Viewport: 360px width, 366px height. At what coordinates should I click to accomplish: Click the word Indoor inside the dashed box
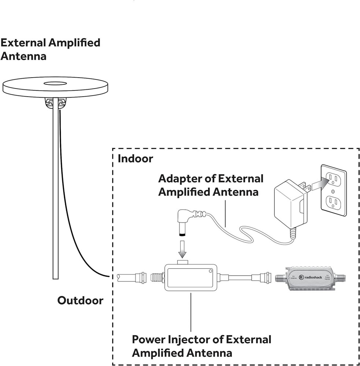tap(135, 159)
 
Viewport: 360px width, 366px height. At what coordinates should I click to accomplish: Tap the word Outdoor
tap(80, 300)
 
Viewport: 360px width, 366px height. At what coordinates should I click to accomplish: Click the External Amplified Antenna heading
tap(50, 49)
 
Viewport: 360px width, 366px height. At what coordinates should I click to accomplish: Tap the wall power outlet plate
tap(333, 190)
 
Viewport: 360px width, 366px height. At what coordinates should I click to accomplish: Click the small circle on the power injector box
tap(211, 271)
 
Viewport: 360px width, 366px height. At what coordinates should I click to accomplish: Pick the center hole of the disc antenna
tap(55, 83)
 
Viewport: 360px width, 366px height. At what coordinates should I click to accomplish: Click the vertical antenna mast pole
tap(55, 190)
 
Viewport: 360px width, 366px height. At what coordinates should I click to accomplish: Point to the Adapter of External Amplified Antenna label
tap(211, 185)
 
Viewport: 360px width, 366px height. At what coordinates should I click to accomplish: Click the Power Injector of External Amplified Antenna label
tap(201, 346)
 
